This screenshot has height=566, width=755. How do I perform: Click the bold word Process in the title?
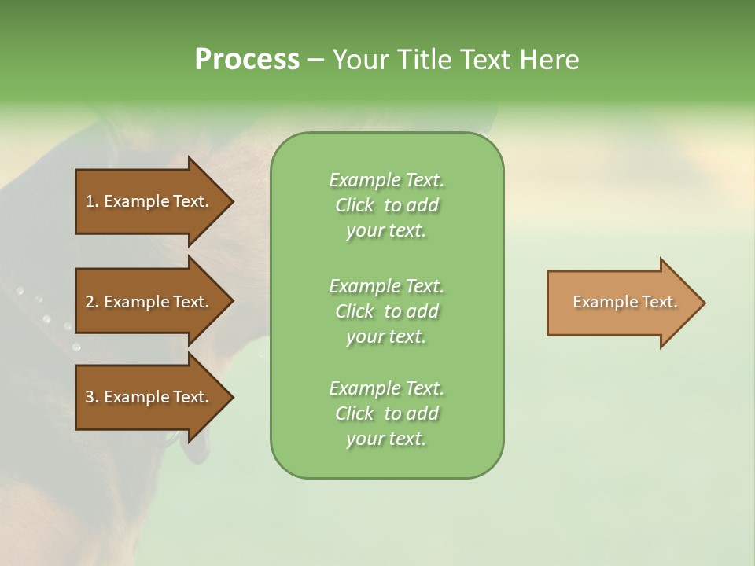(x=247, y=60)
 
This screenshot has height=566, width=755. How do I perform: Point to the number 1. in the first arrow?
(x=91, y=201)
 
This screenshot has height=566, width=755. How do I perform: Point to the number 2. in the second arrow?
(x=91, y=302)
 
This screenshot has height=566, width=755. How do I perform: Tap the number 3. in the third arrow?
(x=91, y=397)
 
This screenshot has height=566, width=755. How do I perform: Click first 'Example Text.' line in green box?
(x=387, y=180)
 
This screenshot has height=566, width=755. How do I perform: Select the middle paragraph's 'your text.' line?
(x=386, y=336)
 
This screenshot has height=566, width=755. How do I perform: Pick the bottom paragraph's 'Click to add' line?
(x=387, y=413)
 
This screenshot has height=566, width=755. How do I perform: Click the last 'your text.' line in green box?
(x=386, y=439)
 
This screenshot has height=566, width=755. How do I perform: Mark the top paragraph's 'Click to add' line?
(x=387, y=205)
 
